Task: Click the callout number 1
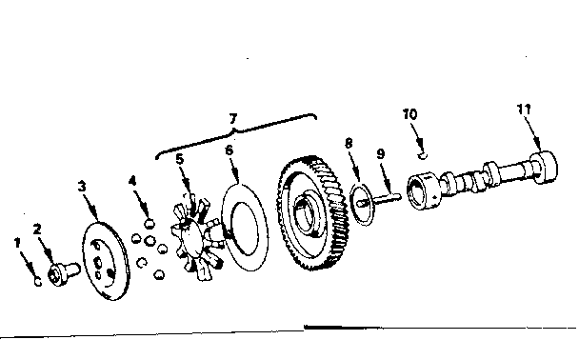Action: pos(17,243)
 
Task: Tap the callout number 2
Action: pos(37,230)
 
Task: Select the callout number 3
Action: pos(82,187)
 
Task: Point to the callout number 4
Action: pos(132,181)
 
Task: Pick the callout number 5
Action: pos(179,159)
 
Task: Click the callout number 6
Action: pos(229,150)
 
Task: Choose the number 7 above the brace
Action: pos(232,119)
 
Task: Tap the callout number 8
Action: pos(349,143)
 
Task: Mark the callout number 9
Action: pos(381,153)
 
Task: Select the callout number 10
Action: pos(409,114)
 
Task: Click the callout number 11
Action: pos(524,110)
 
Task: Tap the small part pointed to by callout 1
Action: pos(38,282)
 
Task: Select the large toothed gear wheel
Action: pos(312,213)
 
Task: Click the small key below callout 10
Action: pos(423,156)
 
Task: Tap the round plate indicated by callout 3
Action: pos(106,261)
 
